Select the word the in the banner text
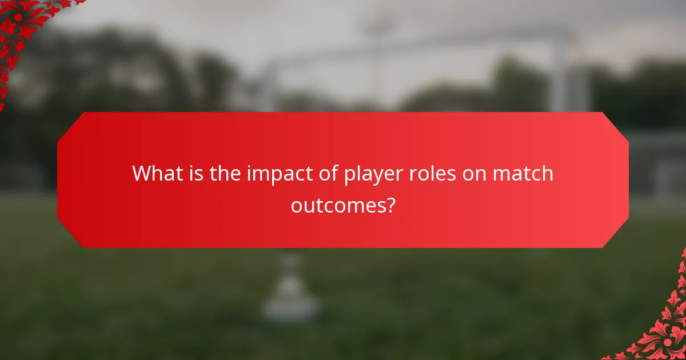pos(225,173)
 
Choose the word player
pos(372,174)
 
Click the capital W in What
pos(142,173)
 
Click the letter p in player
pos(349,175)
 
